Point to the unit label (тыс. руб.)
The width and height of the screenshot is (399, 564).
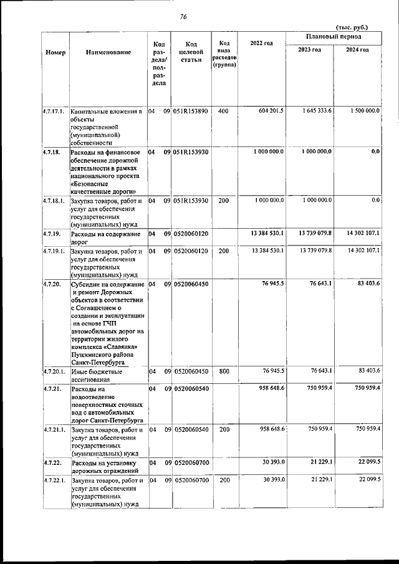(352, 27)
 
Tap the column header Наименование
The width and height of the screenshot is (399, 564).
(108, 52)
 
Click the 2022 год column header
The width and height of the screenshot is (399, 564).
(261, 43)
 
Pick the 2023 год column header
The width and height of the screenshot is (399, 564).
(309, 50)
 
